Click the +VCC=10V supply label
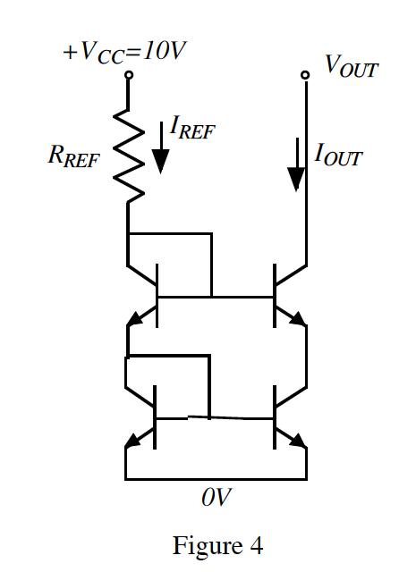(124, 52)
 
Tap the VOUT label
(344, 65)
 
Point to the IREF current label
(192, 133)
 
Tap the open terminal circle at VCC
(128, 76)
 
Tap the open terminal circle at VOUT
(306, 76)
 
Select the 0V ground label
(215, 498)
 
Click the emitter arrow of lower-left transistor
(135, 439)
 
